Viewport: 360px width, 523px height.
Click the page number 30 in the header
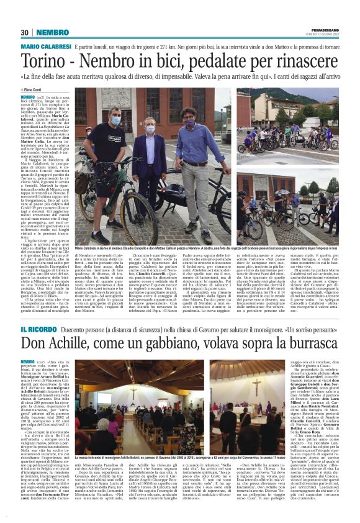[x=25, y=32]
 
